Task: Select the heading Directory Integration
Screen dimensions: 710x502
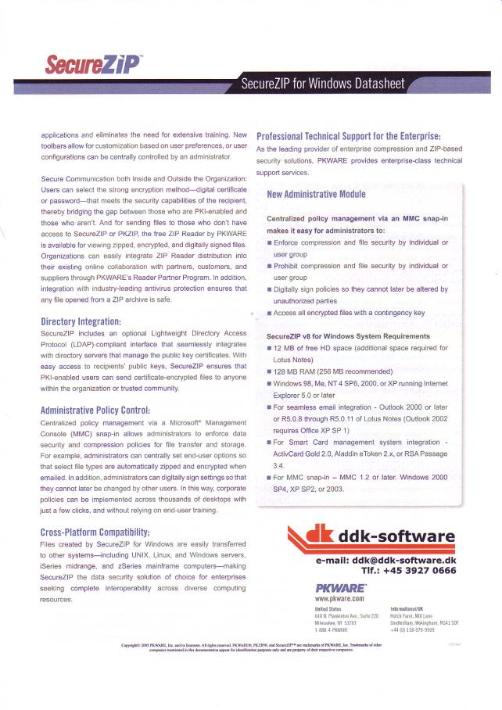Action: pos(81,321)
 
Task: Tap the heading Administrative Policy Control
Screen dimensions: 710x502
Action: pos(95,410)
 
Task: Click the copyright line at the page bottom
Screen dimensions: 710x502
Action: pos(251,647)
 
